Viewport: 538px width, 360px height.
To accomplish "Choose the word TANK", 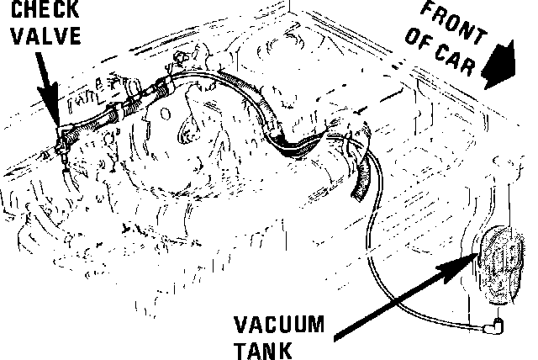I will click(x=257, y=348).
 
